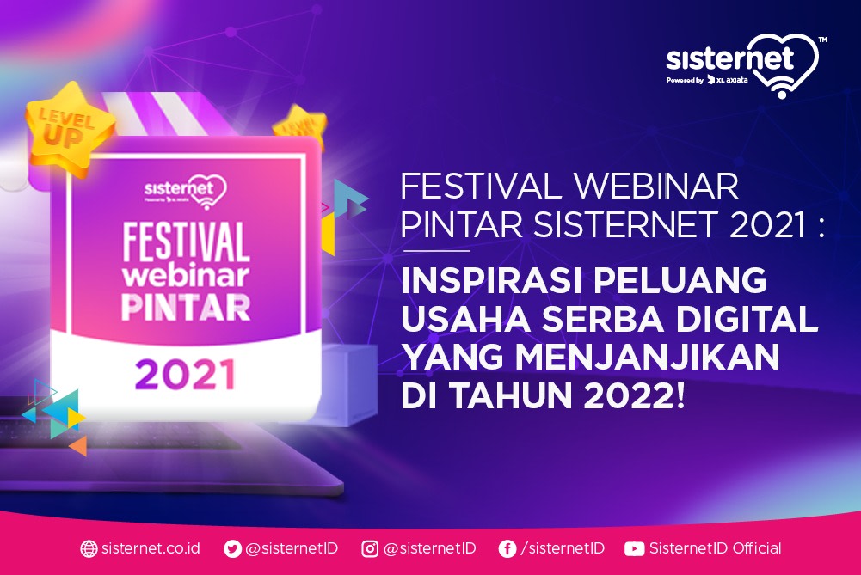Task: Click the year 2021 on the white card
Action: click(x=185, y=375)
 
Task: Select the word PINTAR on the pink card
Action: click(x=185, y=307)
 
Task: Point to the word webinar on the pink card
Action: click(x=185, y=275)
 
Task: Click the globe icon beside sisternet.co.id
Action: click(x=89, y=548)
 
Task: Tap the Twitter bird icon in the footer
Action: click(x=232, y=548)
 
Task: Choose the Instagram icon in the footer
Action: click(x=370, y=548)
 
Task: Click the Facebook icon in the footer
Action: click(x=507, y=548)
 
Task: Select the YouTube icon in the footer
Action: click(x=635, y=548)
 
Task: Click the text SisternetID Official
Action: click(x=715, y=548)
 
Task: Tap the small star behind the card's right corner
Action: click(x=300, y=125)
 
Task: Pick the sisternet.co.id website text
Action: click(x=151, y=548)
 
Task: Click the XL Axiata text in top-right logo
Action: click(x=729, y=80)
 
